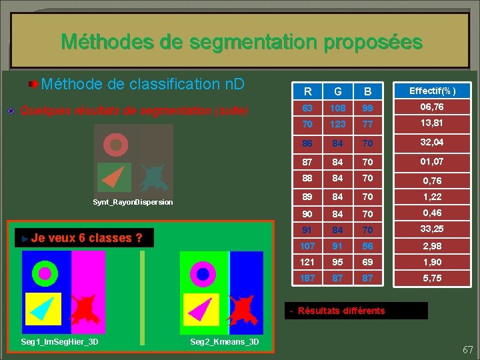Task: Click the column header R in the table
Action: (x=307, y=91)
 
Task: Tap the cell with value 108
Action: (x=338, y=107)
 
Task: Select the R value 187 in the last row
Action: (x=307, y=278)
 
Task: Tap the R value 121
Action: (x=307, y=262)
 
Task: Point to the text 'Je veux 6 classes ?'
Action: (x=86, y=238)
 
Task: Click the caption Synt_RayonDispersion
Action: (x=132, y=202)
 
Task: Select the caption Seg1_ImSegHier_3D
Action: (x=60, y=342)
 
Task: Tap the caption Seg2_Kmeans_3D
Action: (x=224, y=342)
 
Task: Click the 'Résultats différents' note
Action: (x=341, y=311)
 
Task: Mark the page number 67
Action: (x=467, y=350)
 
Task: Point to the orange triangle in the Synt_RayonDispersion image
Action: (x=116, y=177)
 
